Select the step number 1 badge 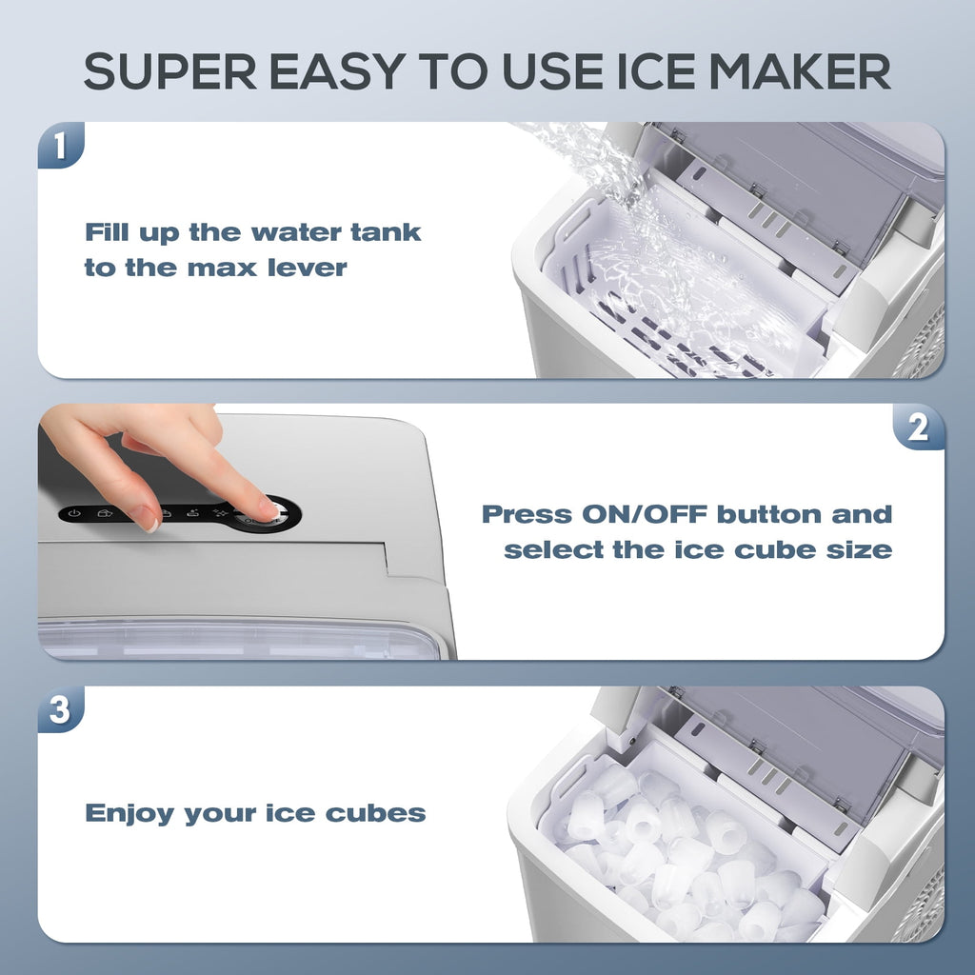60,146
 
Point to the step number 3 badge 60,710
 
